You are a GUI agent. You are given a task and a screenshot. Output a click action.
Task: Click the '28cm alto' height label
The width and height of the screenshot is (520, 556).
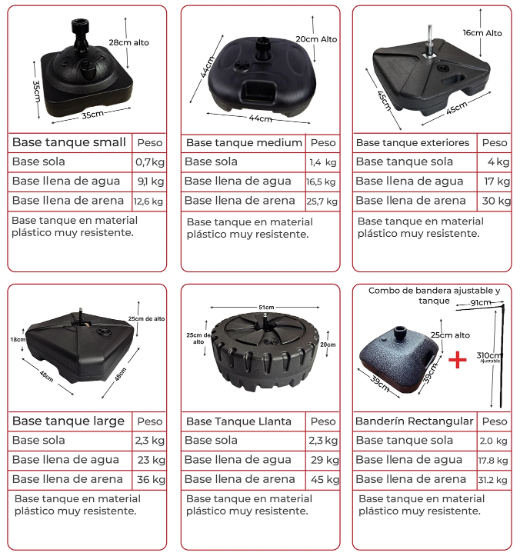click(x=128, y=42)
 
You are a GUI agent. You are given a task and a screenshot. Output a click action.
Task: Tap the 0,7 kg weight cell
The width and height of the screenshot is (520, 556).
click(x=150, y=162)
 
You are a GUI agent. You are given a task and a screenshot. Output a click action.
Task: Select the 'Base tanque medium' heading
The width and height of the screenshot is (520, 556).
click(x=244, y=142)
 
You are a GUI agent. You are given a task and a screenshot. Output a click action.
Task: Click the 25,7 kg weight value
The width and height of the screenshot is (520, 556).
click(x=322, y=201)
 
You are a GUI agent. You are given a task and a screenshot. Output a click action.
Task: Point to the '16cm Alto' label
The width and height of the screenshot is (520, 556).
click(x=482, y=33)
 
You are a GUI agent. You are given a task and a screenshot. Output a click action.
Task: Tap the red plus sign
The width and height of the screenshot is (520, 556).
click(x=458, y=360)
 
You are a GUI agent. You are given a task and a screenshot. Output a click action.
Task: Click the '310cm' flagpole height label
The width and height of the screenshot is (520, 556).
click(x=488, y=355)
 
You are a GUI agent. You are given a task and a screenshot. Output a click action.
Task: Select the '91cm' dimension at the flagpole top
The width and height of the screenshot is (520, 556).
click(x=481, y=302)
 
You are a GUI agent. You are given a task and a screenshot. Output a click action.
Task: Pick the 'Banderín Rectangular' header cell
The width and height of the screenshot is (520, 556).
click(x=415, y=421)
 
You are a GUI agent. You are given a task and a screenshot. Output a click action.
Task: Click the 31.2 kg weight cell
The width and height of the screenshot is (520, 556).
click(x=492, y=480)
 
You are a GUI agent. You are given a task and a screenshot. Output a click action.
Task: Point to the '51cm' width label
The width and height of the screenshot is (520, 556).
click(x=266, y=307)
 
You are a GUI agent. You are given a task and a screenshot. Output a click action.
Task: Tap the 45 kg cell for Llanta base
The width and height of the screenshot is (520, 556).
click(x=325, y=479)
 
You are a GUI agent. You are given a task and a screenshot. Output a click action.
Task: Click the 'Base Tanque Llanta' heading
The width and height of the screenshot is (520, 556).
click(x=238, y=421)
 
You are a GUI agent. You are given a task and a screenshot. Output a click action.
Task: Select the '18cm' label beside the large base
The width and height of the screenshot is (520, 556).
click(x=18, y=339)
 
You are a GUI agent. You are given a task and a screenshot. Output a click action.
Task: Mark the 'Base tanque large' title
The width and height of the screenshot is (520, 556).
click(x=68, y=421)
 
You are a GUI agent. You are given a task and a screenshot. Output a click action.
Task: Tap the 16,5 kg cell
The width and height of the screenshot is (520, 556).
click(x=321, y=181)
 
